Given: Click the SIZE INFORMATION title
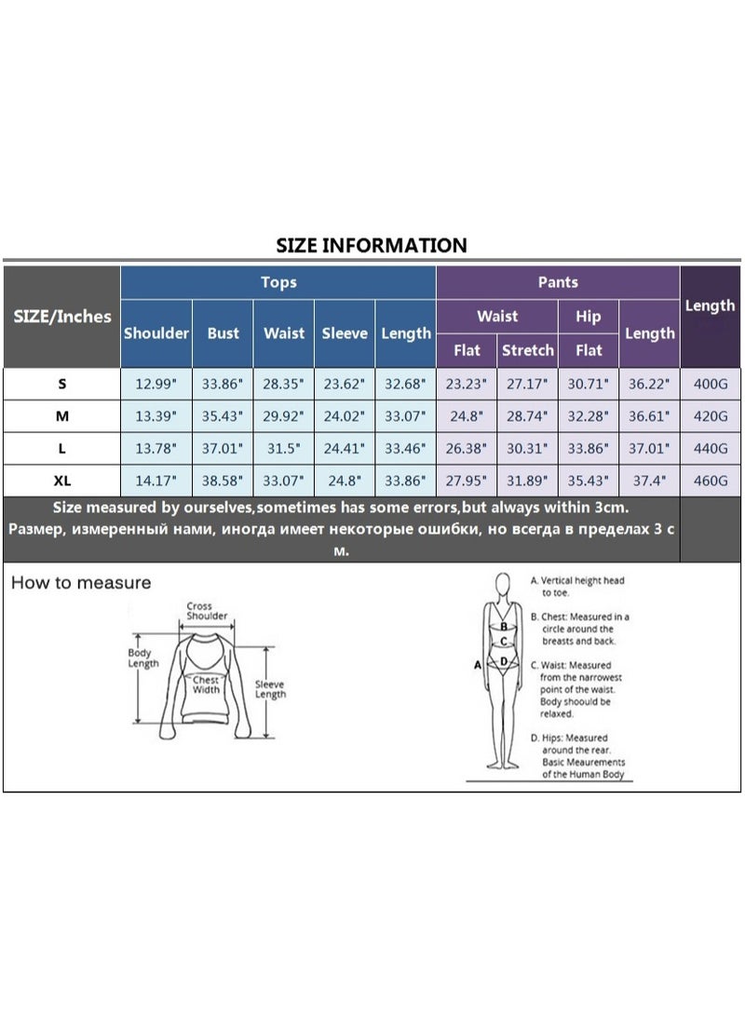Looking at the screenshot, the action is [372, 245].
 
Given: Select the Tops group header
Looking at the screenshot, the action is [278, 282].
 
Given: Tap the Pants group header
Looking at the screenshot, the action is [558, 282].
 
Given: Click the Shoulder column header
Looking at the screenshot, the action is [156, 333].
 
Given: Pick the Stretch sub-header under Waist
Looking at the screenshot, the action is [528, 350].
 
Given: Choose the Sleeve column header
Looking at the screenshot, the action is [345, 333].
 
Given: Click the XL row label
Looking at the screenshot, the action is [62, 481].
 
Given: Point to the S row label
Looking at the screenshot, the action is [62, 384].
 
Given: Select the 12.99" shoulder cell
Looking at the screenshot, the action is [156, 384].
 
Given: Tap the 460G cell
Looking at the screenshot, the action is [711, 481].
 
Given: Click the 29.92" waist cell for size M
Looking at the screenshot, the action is [283, 415].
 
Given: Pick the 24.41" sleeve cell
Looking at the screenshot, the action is [345, 448].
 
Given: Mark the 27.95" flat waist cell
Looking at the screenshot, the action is [467, 481].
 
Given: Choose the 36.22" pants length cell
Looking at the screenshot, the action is [649, 384].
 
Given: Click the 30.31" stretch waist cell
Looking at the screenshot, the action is [527, 448].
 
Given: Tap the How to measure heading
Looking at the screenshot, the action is [81, 582].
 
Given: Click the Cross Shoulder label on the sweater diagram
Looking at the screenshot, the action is [207, 611].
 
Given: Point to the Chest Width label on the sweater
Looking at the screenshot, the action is [206, 685].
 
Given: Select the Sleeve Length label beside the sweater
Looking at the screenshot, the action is [270, 689].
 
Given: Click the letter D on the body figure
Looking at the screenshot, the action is [504, 661].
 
